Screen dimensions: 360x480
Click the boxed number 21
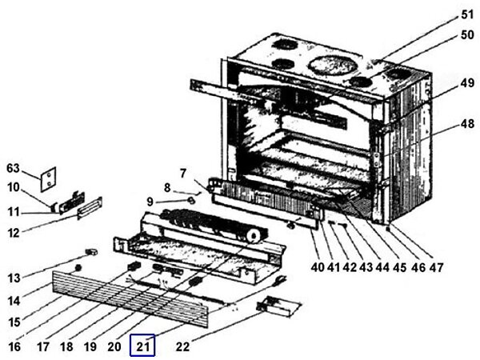pyautogui.click(x=143, y=346)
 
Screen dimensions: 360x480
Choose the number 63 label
pyautogui.click(x=13, y=169)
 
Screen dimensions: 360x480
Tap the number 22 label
pyautogui.click(x=185, y=346)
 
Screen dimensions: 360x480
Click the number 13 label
pyautogui.click(x=14, y=278)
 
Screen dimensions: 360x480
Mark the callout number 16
pyautogui.click(x=14, y=346)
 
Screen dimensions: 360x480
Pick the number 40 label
pyautogui.click(x=318, y=266)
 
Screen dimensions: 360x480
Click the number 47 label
pyautogui.click(x=437, y=266)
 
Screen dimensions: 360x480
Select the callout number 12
pyautogui.click(x=14, y=233)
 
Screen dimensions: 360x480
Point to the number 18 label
pyautogui.click(x=66, y=346)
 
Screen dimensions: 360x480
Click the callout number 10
pyautogui.click(x=14, y=187)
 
